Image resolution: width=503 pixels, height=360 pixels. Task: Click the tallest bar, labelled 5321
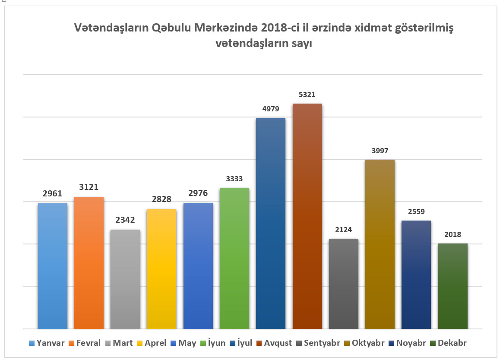click(x=307, y=216)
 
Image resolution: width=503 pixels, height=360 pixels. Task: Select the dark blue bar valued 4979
click(x=271, y=223)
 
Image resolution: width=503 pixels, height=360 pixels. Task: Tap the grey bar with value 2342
click(x=125, y=279)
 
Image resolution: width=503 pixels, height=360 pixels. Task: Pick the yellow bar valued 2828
click(x=161, y=268)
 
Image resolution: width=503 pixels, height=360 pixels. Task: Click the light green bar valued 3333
click(x=234, y=258)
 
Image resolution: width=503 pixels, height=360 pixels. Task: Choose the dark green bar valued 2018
click(x=452, y=286)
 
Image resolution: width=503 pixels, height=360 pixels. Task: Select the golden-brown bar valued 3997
click(x=380, y=244)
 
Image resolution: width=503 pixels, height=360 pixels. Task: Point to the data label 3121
click(x=89, y=187)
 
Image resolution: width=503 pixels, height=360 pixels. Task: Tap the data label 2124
click(x=343, y=230)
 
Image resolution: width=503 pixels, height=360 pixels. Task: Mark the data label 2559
click(x=416, y=212)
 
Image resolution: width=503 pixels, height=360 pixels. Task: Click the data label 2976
click(x=198, y=193)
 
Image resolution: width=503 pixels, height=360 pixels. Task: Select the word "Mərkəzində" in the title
click(x=226, y=28)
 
